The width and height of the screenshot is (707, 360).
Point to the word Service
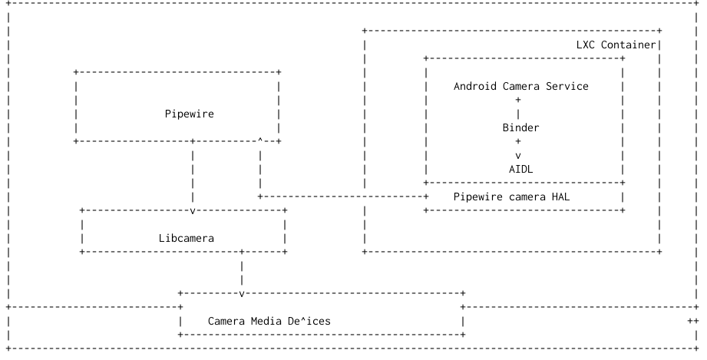(x=567, y=86)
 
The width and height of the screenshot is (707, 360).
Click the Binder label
(x=520, y=127)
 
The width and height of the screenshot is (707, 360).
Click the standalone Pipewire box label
(x=189, y=114)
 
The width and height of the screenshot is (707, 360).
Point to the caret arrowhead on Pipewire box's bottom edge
(x=260, y=140)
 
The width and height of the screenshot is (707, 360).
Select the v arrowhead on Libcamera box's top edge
(x=192, y=210)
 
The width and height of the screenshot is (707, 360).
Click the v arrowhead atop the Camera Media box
(x=242, y=293)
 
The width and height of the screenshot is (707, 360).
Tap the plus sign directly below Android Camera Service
(x=518, y=100)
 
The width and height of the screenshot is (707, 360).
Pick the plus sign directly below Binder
(x=518, y=141)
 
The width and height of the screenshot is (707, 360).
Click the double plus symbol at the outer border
(x=692, y=321)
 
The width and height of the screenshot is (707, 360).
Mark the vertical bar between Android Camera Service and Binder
(x=518, y=114)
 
